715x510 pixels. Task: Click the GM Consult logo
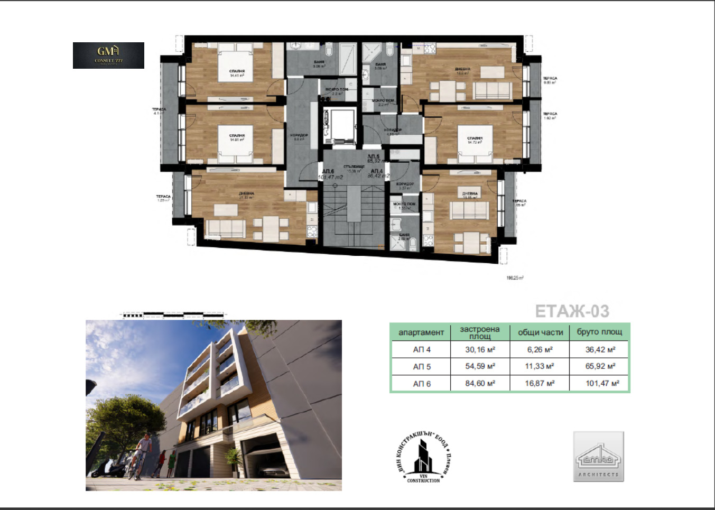108,55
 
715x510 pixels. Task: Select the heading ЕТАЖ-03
572,311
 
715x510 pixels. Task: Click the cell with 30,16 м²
480,349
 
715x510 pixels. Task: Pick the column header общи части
540,332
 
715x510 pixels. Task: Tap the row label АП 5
421,366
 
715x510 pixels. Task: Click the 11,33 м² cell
540,366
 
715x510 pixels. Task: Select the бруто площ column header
599,332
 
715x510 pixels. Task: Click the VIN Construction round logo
423,456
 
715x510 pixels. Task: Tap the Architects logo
598,456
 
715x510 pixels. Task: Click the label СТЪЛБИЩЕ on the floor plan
354,167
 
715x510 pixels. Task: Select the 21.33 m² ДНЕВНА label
246,194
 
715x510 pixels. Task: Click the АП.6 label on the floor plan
328,172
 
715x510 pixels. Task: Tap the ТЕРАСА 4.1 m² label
159,111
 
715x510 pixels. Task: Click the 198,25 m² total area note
515,277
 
